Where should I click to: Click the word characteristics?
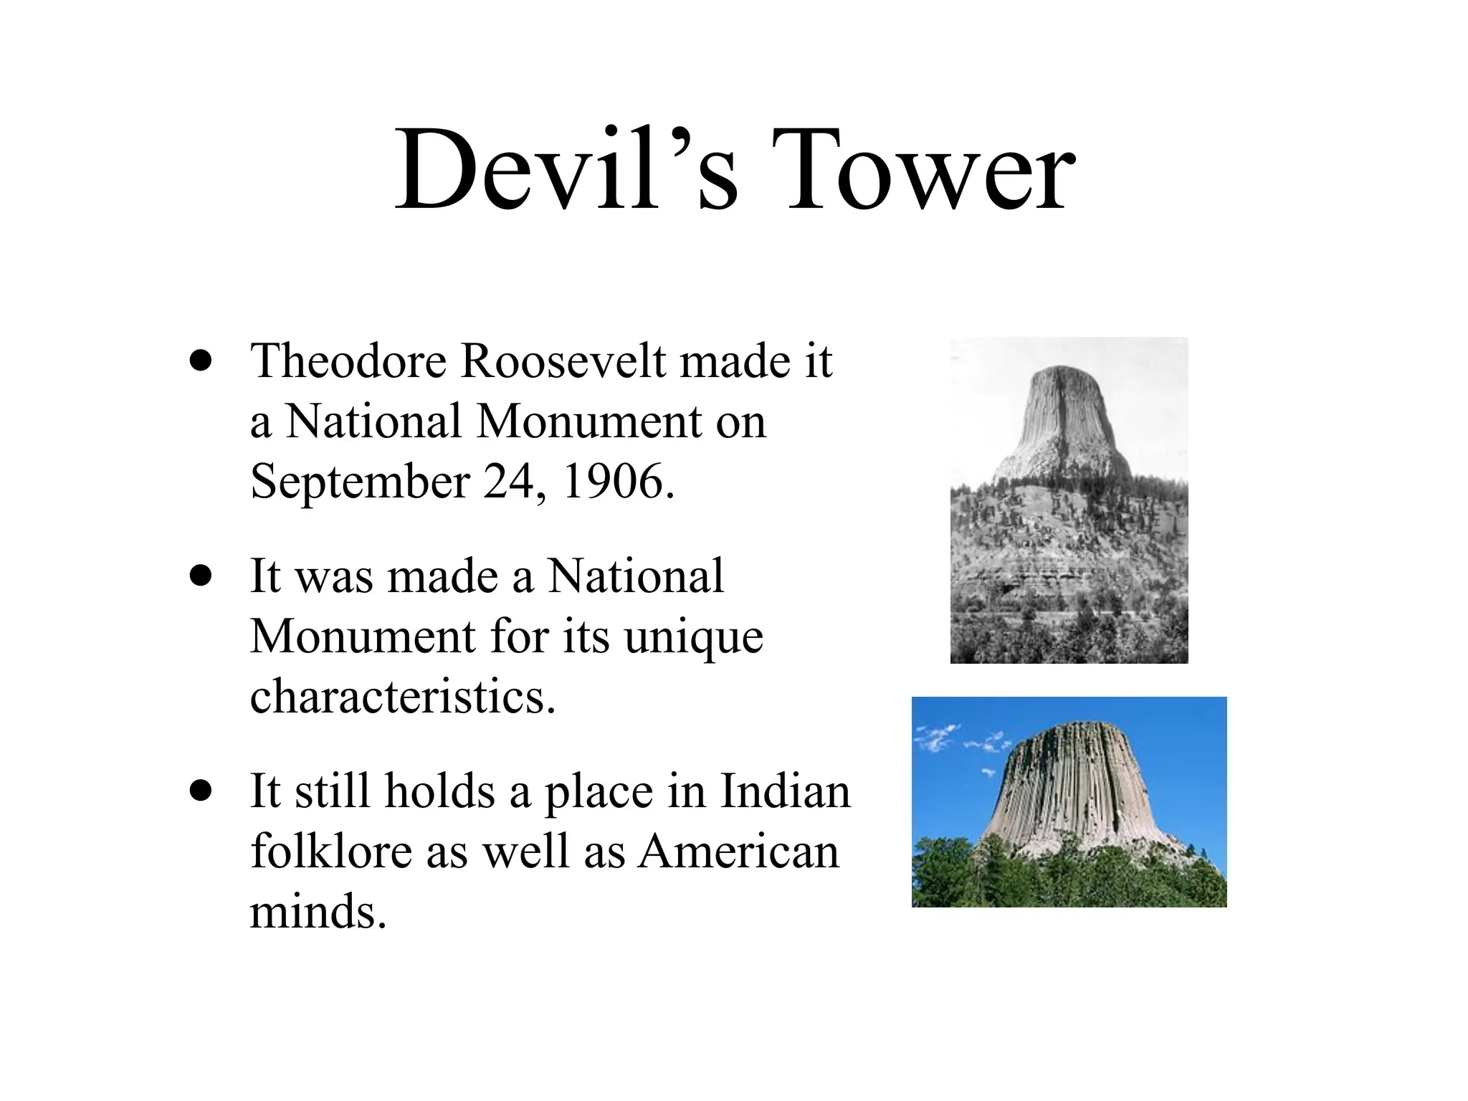[402, 696]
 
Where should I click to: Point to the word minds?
[318, 912]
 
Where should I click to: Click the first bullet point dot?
[201, 361]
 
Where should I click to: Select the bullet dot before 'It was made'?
[201, 576]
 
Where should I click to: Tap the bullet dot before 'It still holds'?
[201, 791]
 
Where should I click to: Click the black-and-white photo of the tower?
[1069, 500]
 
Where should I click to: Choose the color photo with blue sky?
[1069, 801]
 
